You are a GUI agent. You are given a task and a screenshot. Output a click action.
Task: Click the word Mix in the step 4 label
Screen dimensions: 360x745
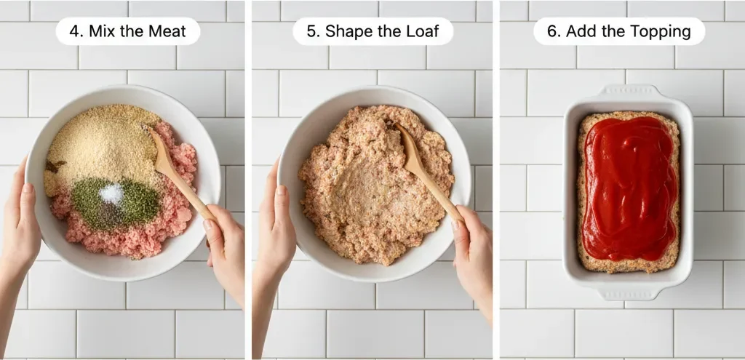102,32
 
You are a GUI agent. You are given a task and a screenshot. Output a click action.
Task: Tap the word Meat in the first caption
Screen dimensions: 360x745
164,32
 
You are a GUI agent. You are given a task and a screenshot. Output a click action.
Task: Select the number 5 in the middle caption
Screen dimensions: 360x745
314,32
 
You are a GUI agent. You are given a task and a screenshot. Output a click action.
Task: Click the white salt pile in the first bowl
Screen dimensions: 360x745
111,193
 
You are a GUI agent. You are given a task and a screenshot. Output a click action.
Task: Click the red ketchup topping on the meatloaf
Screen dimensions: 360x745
629,185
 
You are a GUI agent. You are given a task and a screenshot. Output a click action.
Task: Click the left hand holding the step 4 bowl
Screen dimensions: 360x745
20,225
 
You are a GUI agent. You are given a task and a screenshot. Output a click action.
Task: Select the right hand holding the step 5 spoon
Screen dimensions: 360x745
473,247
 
